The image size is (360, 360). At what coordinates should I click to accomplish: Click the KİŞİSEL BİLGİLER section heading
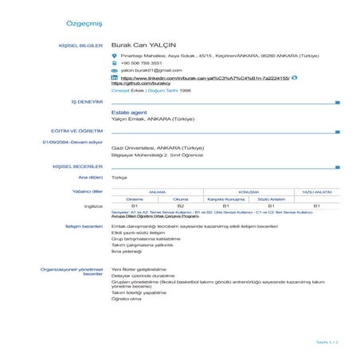coord(81,46)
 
